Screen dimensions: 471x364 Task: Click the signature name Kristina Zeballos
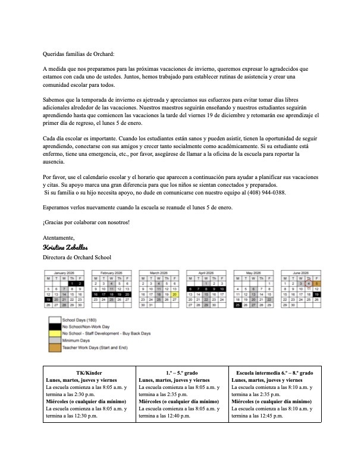click(67, 247)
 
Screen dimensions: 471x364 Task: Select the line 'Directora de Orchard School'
click(77, 258)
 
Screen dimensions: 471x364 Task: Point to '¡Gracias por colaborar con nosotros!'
click(86, 222)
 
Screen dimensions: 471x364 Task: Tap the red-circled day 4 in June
click(309, 284)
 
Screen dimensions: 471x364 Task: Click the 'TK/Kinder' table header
click(89, 373)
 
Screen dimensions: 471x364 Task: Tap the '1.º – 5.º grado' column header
click(182, 373)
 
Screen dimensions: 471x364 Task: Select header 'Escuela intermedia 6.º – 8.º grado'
click(275, 373)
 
